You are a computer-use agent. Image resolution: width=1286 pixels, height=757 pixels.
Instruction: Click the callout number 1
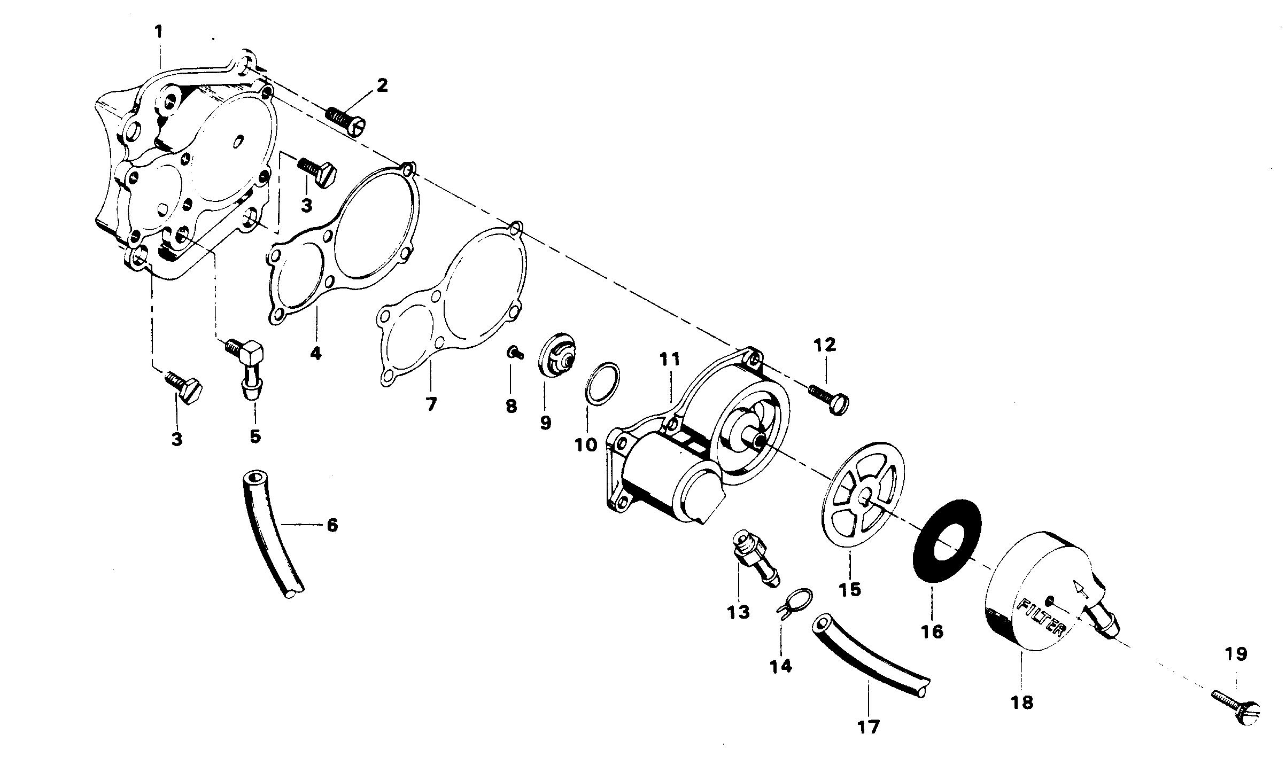coord(158,32)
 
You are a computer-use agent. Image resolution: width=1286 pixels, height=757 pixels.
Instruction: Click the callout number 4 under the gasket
coord(316,353)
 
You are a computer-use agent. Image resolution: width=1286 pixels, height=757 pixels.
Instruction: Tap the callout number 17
coord(869,727)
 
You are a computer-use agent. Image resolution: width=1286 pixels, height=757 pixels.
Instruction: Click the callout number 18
coord(1022,702)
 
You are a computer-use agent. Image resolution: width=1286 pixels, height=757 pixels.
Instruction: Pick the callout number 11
coord(669,360)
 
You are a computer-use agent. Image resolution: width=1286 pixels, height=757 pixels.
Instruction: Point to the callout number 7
coord(431,404)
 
